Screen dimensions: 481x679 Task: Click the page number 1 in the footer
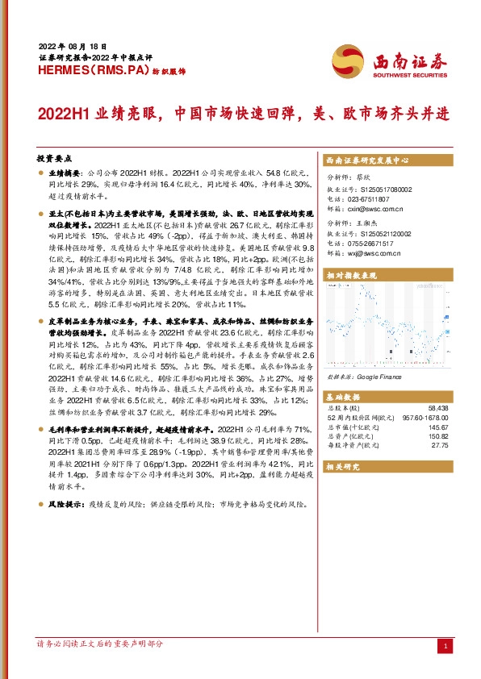click(445, 647)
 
